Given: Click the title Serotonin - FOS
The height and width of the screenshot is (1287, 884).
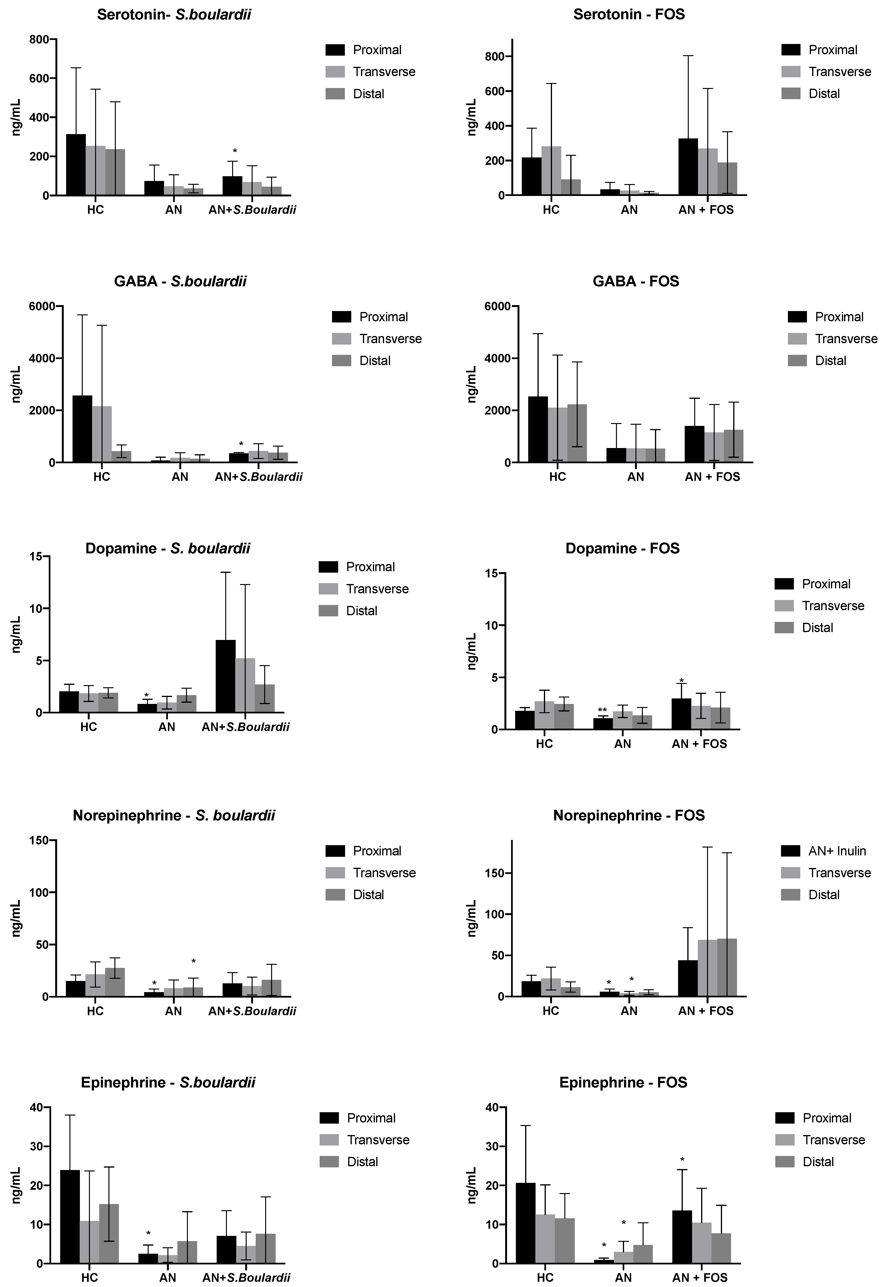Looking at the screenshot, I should [629, 15].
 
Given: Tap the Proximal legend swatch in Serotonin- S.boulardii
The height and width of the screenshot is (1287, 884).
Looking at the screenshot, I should [335, 50].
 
